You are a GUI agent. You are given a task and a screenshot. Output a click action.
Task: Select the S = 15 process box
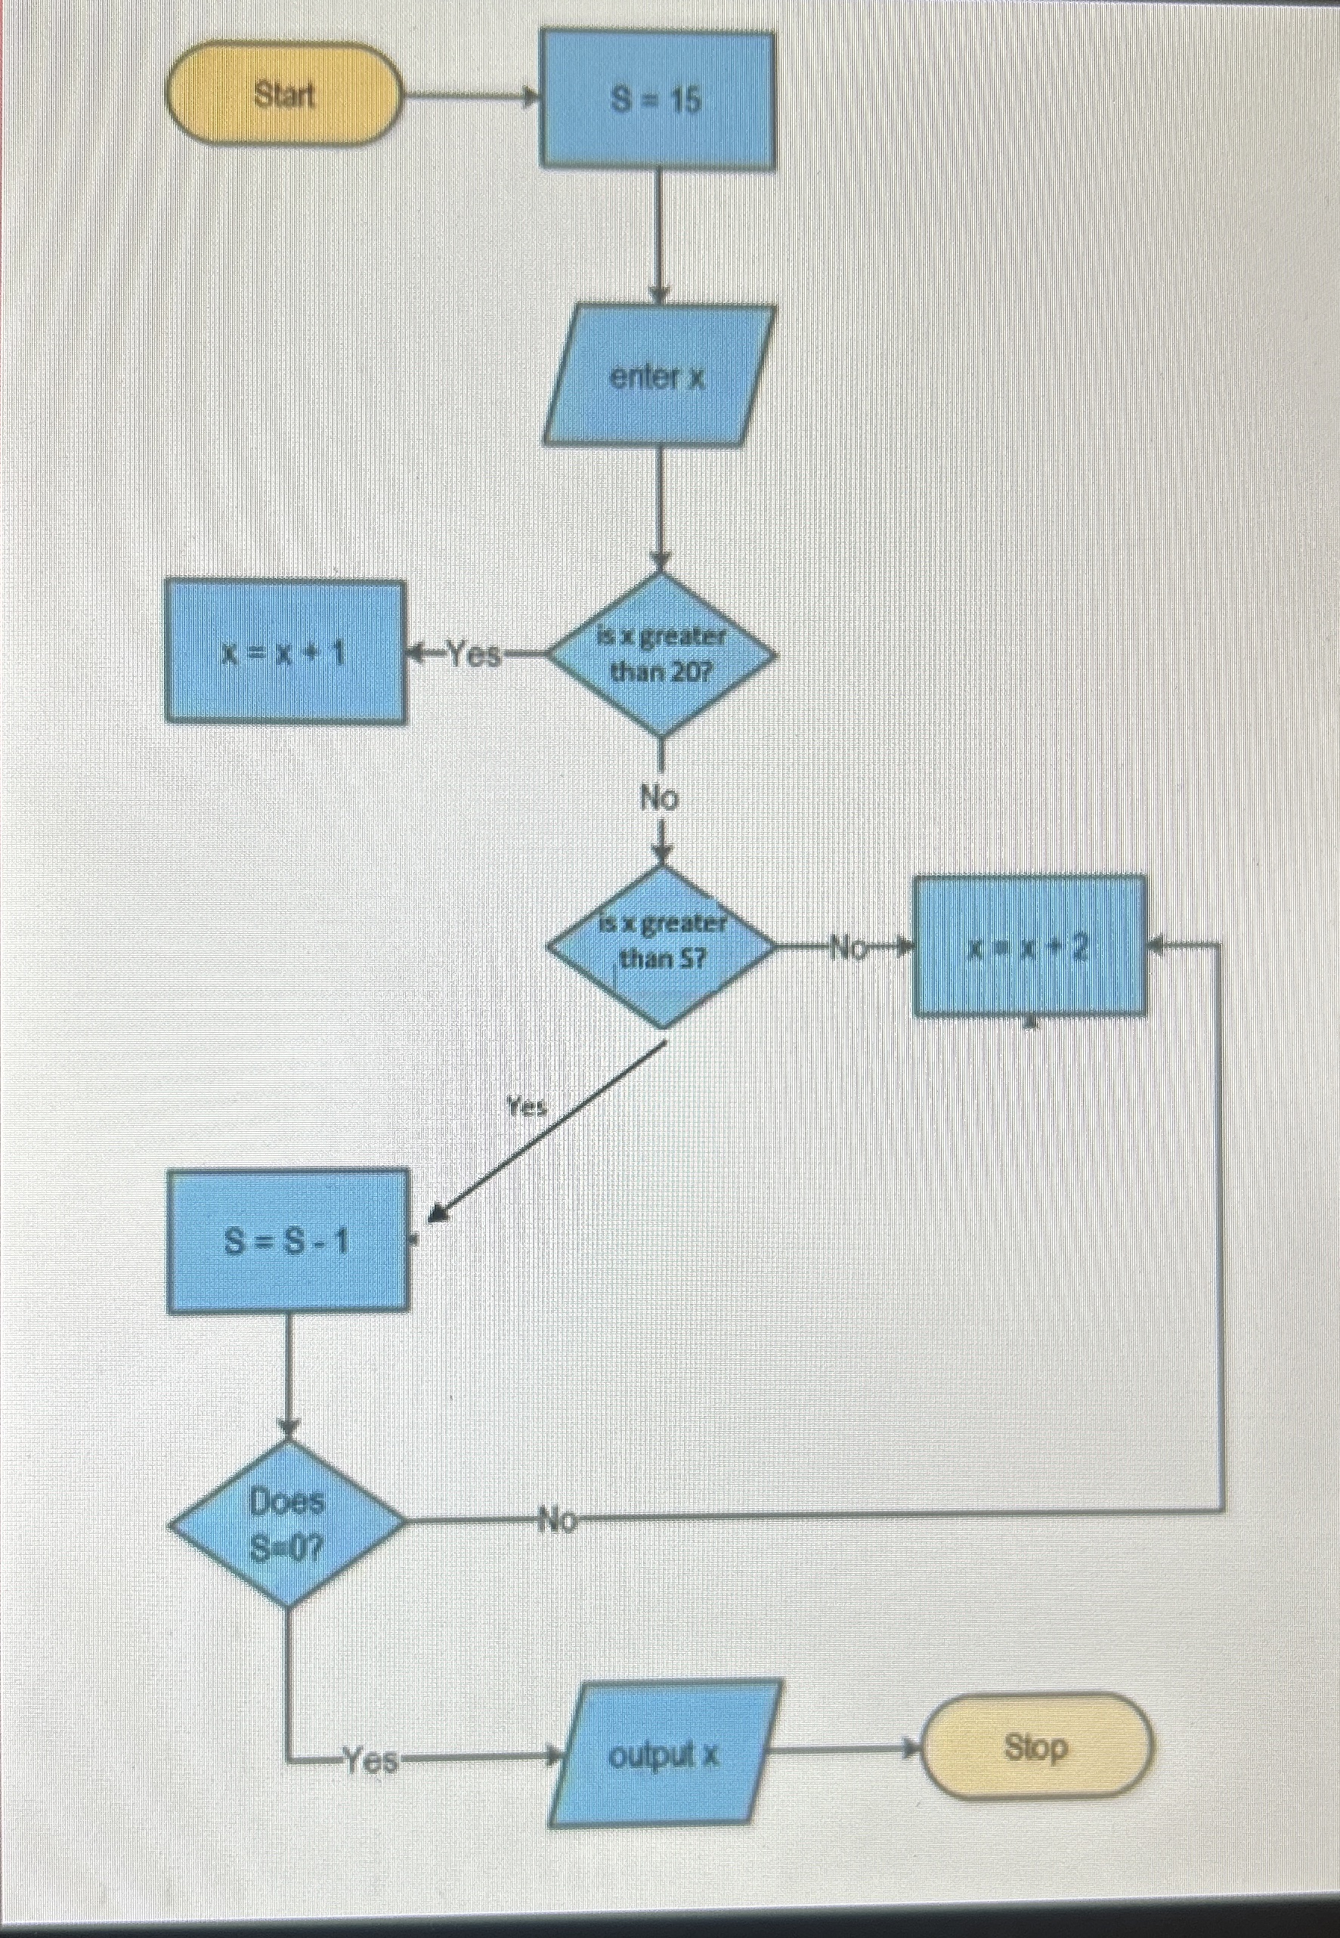pyautogui.click(x=657, y=100)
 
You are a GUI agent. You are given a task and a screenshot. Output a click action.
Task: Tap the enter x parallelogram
pyautogui.click(x=658, y=377)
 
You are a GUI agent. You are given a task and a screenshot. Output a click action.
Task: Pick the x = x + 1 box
pyautogui.click(x=285, y=651)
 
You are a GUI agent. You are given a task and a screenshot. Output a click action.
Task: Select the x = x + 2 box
pyautogui.click(x=1029, y=946)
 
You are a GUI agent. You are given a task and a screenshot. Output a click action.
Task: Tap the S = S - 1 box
pyautogui.click(x=287, y=1240)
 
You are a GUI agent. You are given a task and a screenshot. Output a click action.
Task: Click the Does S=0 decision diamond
pyautogui.click(x=287, y=1522)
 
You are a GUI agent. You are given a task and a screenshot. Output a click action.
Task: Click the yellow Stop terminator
pyautogui.click(x=1037, y=1747)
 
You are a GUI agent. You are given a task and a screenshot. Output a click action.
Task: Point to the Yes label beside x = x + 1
pyautogui.click(x=472, y=653)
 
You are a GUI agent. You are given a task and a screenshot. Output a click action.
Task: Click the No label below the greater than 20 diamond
pyautogui.click(x=659, y=797)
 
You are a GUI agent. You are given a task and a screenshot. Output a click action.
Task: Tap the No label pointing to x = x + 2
pyautogui.click(x=848, y=948)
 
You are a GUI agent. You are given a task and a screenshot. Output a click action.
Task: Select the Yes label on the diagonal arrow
pyautogui.click(x=528, y=1107)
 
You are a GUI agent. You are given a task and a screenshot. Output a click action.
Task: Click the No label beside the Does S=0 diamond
pyautogui.click(x=558, y=1519)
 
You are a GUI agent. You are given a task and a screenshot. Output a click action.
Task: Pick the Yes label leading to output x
pyautogui.click(x=372, y=1758)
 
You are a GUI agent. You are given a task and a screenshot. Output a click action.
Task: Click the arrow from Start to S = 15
pyautogui.click(x=470, y=97)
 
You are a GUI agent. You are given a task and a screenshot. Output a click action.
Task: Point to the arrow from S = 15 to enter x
pyautogui.click(x=659, y=235)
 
